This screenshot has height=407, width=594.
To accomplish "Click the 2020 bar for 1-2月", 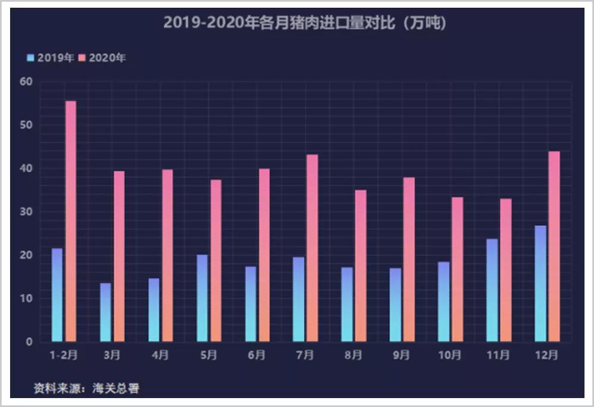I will coord(71,221).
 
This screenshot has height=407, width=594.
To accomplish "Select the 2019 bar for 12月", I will coord(540,283).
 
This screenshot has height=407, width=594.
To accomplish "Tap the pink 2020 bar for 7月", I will coord(312,248).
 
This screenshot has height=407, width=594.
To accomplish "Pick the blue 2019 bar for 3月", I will coord(106,312).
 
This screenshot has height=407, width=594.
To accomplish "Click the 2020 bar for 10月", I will coord(457,269).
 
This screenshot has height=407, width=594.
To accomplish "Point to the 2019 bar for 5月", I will coord(203,298).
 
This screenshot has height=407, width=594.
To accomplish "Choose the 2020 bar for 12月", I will coord(554,246).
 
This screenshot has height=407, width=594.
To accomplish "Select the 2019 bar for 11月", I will coord(492,290).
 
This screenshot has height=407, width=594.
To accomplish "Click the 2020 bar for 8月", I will coord(361,266).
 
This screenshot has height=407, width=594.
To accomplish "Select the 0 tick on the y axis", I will coord(29,342).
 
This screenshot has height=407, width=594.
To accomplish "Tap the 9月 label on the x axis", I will coord(402,355).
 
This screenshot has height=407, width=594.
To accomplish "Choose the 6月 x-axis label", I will coord(257,355).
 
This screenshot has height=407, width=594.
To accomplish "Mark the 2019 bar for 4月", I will coord(154,310).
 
